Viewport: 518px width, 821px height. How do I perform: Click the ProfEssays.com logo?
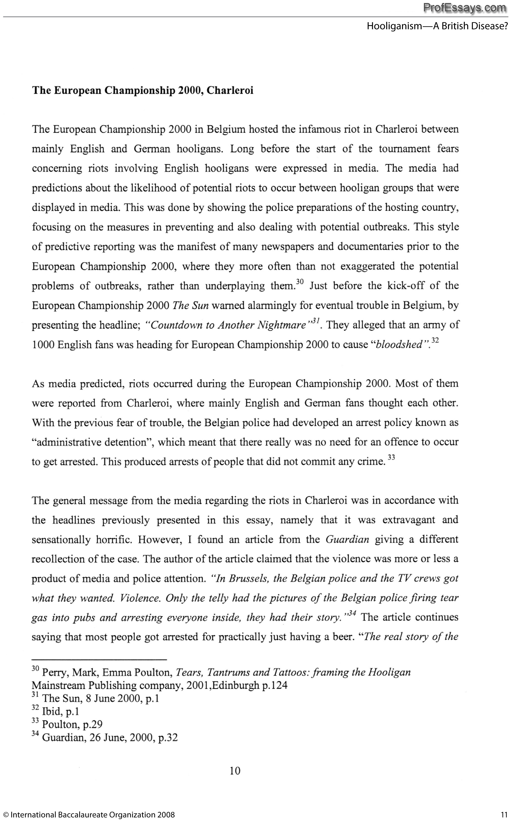pos(465,8)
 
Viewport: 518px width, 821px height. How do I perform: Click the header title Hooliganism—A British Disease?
pos(437,26)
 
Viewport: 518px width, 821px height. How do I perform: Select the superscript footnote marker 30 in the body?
pos(300,282)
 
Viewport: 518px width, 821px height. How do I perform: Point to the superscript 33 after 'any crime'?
pos(391,458)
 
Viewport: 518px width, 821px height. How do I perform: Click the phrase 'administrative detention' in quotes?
pos(93,443)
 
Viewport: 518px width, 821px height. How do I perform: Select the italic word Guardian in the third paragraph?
pos(347,540)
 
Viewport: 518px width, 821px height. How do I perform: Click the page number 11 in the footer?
pos(505,815)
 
